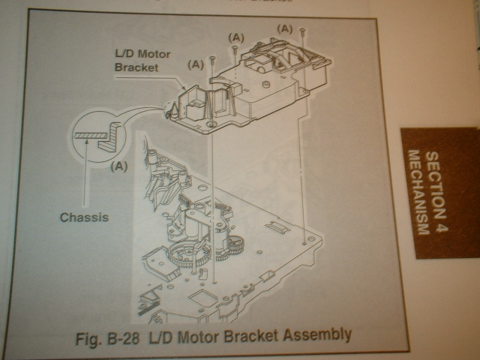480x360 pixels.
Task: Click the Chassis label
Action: click(84, 218)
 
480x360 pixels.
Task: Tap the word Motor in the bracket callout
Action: click(155, 54)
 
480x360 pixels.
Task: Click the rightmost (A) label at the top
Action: click(285, 28)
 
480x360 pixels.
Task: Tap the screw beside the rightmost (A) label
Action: click(301, 31)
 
